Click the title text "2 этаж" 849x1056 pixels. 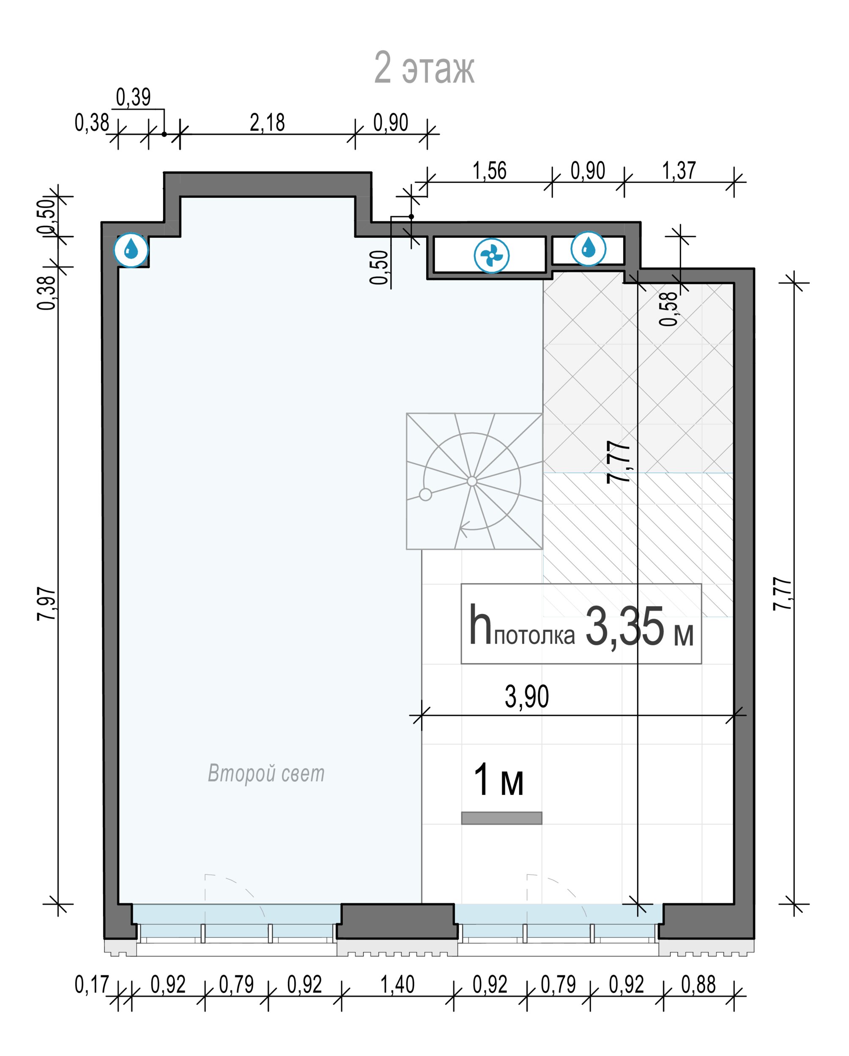click(x=424, y=68)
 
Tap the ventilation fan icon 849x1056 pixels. click(x=492, y=255)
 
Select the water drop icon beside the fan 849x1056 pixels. click(x=588, y=249)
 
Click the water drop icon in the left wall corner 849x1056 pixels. click(x=131, y=250)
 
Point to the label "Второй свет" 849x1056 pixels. click(x=266, y=773)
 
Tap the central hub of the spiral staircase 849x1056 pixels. click(x=472, y=481)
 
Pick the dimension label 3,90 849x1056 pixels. click(x=527, y=697)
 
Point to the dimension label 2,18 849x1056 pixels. click(x=267, y=122)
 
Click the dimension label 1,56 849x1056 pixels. click(x=489, y=171)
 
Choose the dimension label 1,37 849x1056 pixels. click(x=679, y=171)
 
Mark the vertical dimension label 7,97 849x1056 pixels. click(x=47, y=604)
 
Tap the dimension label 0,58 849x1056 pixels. click(x=668, y=309)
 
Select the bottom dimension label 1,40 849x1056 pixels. click(x=397, y=985)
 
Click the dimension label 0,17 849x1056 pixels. click(x=91, y=985)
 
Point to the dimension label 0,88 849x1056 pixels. click(x=698, y=985)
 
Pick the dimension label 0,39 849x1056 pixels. click(x=133, y=98)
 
